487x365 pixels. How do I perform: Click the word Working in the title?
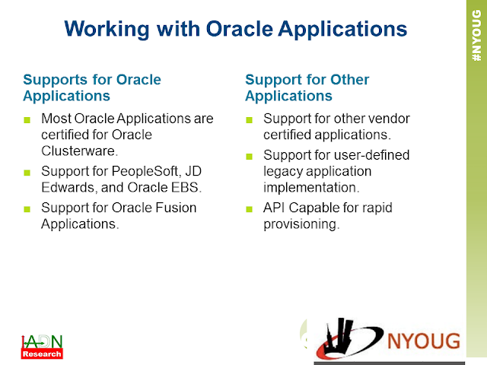[x=107, y=30]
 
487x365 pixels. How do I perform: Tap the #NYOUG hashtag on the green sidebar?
[x=476, y=35]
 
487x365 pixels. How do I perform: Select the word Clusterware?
[x=79, y=151]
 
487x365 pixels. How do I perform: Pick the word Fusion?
[x=176, y=208]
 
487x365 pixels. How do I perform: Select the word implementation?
[x=311, y=188]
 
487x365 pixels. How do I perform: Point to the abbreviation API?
[x=274, y=208]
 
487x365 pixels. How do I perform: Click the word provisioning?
[x=301, y=224]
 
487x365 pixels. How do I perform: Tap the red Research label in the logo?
[x=42, y=354]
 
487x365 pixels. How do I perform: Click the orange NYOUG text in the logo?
[x=424, y=341]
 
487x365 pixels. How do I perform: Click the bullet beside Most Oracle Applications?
[x=27, y=120]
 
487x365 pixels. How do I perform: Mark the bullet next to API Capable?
[x=249, y=209]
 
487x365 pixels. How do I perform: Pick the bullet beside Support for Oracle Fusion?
[x=27, y=209]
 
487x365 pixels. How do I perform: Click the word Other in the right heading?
[x=349, y=80]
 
